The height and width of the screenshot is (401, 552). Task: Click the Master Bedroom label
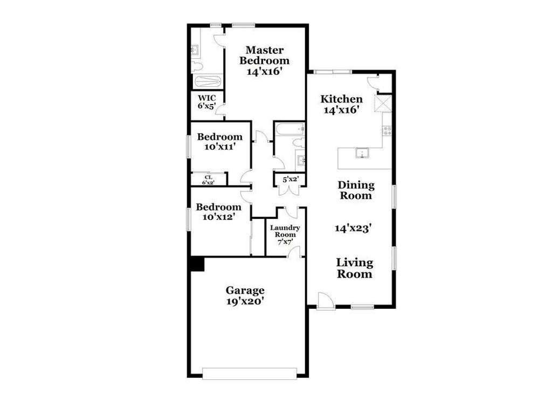pos(264,60)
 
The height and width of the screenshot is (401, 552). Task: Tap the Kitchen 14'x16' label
pos(341,104)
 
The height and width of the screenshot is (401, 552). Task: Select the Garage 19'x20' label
pos(245,296)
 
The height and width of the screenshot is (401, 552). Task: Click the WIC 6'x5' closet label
pos(207,102)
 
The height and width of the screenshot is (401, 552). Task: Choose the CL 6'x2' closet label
pos(208,179)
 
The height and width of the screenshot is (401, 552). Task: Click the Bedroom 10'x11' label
pos(219,141)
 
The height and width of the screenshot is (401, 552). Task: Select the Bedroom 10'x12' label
pos(218,212)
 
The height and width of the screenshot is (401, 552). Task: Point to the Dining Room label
pos(355,190)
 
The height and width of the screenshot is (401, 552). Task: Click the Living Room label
pos(355,268)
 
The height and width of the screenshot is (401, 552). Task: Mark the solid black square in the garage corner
pos(197,264)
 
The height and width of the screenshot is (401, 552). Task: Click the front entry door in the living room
pos(326,301)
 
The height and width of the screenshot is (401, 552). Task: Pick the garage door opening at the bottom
pos(249,373)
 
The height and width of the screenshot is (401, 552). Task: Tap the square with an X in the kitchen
pos(383,102)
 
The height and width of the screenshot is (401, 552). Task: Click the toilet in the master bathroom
pos(196,67)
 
